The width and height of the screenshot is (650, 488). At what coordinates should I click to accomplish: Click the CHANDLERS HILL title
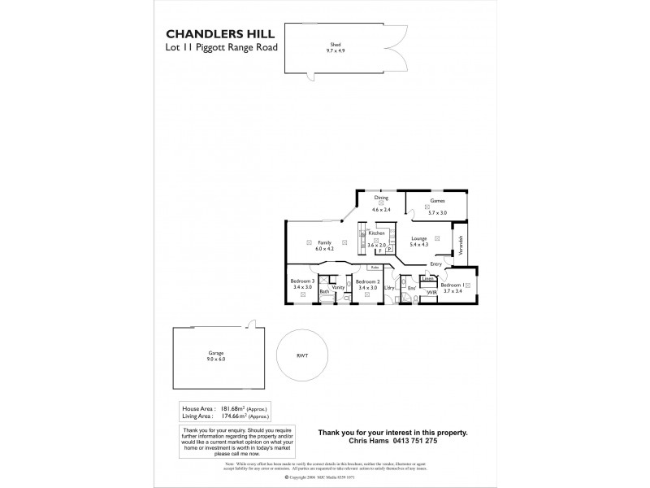[x=220, y=34]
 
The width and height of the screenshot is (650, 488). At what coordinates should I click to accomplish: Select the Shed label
[x=334, y=44]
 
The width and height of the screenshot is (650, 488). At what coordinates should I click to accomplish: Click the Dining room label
[x=381, y=198]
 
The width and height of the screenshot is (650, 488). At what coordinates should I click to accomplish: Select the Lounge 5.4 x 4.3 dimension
[x=419, y=244]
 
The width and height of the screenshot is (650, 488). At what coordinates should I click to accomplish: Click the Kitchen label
[x=375, y=233]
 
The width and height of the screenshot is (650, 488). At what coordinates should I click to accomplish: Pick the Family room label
[x=324, y=242]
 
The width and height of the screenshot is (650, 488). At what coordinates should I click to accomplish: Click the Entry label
[x=436, y=264]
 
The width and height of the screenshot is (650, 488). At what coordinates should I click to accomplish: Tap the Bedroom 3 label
[x=302, y=281]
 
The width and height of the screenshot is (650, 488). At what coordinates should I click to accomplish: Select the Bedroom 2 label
[x=367, y=281]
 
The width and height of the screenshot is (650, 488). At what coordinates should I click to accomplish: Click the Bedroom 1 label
[x=451, y=285]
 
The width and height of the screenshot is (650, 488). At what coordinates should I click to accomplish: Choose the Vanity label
[x=339, y=287]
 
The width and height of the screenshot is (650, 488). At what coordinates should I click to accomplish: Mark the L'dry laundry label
[x=389, y=288]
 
